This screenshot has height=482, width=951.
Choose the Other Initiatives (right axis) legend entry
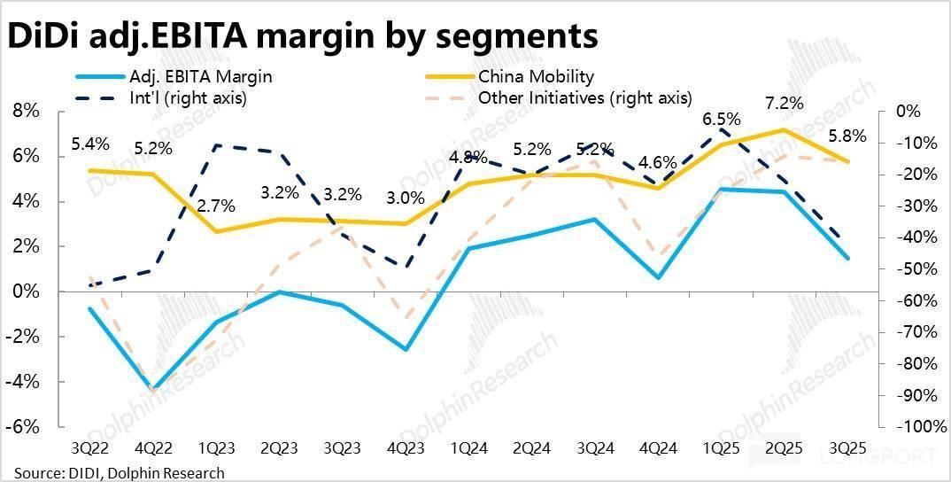(x=584, y=97)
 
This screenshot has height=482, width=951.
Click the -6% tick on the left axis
(x=25, y=426)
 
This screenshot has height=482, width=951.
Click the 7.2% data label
(x=785, y=103)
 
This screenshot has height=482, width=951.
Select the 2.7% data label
(x=216, y=206)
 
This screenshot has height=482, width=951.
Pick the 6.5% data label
(x=722, y=119)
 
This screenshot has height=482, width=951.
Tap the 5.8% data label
(x=848, y=137)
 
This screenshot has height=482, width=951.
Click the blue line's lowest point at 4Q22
(x=153, y=390)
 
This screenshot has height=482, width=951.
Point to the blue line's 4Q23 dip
(x=406, y=349)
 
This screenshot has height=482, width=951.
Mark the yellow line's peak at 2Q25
(x=784, y=130)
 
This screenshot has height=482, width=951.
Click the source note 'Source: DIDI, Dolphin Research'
(x=119, y=472)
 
